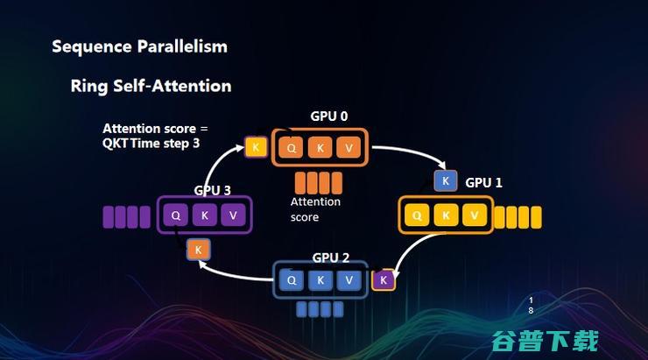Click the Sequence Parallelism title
pos(139,46)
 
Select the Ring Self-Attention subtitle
pos(151,86)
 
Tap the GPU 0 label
pos(328,116)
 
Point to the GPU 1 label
pos(483,183)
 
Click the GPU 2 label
pos(331,258)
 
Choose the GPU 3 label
pos(212,190)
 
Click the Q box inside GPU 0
pos(292,148)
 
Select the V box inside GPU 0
pos(349,148)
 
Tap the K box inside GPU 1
pos(447,215)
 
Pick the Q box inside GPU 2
pos(292,280)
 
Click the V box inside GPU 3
pos(232,215)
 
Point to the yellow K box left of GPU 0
pos(256,147)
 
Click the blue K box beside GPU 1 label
pos(446,181)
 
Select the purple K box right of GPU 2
pos(383,280)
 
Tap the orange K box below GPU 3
pos(198,250)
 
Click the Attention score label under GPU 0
pos(315,208)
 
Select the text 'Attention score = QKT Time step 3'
pos(155,136)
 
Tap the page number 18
pos(531,305)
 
